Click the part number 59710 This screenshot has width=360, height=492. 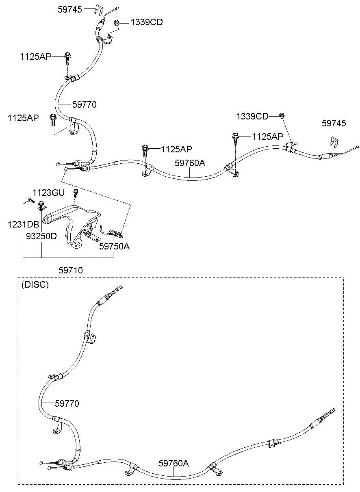point(71,270)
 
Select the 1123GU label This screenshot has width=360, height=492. point(48,193)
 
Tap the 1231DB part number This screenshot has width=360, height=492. point(23,224)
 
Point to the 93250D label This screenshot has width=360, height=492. point(41,236)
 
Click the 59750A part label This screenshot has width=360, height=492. point(114,246)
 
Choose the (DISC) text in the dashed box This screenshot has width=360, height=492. point(35,284)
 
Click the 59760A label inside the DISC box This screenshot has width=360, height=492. point(173,463)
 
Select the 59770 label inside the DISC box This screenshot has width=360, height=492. point(67,403)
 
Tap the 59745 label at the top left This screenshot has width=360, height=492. point(70,9)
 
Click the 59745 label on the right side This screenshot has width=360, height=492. point(334,123)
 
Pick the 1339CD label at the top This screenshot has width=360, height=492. point(147,22)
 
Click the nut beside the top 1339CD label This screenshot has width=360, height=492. point(117,22)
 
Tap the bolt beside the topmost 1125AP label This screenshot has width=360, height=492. point(67,58)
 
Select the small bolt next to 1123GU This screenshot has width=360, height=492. point(76,193)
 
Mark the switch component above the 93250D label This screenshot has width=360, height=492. point(41,205)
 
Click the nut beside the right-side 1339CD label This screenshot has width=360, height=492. point(281,115)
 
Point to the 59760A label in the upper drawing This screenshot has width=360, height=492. point(190,163)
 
